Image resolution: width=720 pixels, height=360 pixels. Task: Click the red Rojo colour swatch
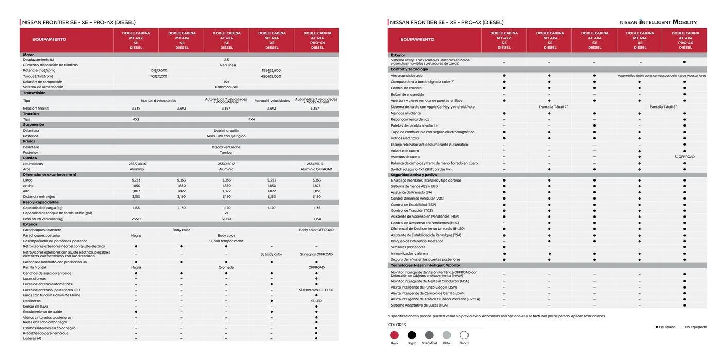click(394, 335)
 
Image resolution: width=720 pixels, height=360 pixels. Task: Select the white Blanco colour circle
click(464, 335)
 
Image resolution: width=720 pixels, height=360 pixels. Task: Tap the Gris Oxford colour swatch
click(429, 335)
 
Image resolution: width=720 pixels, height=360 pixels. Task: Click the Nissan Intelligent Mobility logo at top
click(658, 22)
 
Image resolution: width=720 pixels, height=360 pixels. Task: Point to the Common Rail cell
click(226, 87)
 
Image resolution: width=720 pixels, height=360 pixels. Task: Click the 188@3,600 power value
click(272, 70)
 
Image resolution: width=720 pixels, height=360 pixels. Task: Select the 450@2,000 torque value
click(272, 76)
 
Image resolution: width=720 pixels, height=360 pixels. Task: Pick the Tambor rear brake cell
click(226, 153)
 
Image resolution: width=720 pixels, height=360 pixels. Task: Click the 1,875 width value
click(317, 186)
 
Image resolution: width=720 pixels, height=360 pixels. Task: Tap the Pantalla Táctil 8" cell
click(663, 107)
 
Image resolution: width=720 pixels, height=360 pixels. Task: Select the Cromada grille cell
click(226, 267)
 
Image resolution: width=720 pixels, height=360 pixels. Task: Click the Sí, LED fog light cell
click(316, 301)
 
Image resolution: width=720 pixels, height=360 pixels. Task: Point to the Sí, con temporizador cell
click(226, 241)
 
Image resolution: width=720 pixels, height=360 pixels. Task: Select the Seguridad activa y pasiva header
click(414, 175)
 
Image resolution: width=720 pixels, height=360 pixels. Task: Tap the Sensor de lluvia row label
click(35, 307)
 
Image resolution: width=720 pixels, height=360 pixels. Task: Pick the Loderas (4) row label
click(32, 338)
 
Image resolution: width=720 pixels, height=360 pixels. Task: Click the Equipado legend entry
click(665, 327)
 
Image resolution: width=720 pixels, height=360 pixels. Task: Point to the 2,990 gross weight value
click(136, 219)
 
